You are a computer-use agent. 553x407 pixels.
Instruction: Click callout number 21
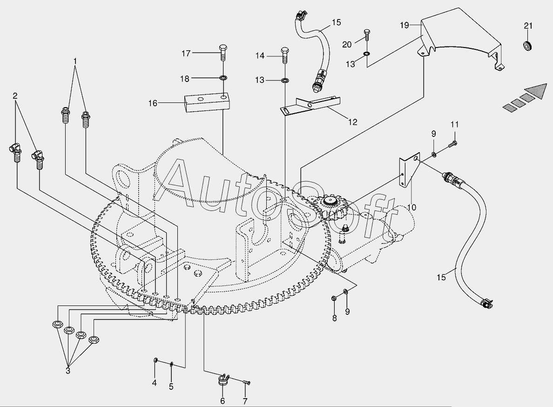click(x=528, y=26)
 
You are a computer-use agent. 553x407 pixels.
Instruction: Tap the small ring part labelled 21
click(x=528, y=46)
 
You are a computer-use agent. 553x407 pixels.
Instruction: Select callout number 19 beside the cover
click(x=404, y=25)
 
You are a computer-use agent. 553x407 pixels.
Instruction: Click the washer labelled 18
click(x=223, y=78)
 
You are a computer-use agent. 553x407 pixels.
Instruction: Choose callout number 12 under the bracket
click(x=353, y=122)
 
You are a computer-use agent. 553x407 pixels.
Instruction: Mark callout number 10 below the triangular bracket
click(x=411, y=207)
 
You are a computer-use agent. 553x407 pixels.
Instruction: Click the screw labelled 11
click(x=452, y=144)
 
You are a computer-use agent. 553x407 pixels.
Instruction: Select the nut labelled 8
click(x=334, y=298)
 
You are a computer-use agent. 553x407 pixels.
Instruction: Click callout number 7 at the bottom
click(x=245, y=401)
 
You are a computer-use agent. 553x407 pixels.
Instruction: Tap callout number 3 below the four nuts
click(x=67, y=371)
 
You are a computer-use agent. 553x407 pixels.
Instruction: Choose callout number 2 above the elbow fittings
click(x=15, y=96)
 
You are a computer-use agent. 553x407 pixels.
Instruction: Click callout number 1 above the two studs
click(x=75, y=61)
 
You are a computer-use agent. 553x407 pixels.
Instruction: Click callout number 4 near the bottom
click(x=154, y=383)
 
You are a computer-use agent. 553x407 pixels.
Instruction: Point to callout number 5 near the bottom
click(x=171, y=387)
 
